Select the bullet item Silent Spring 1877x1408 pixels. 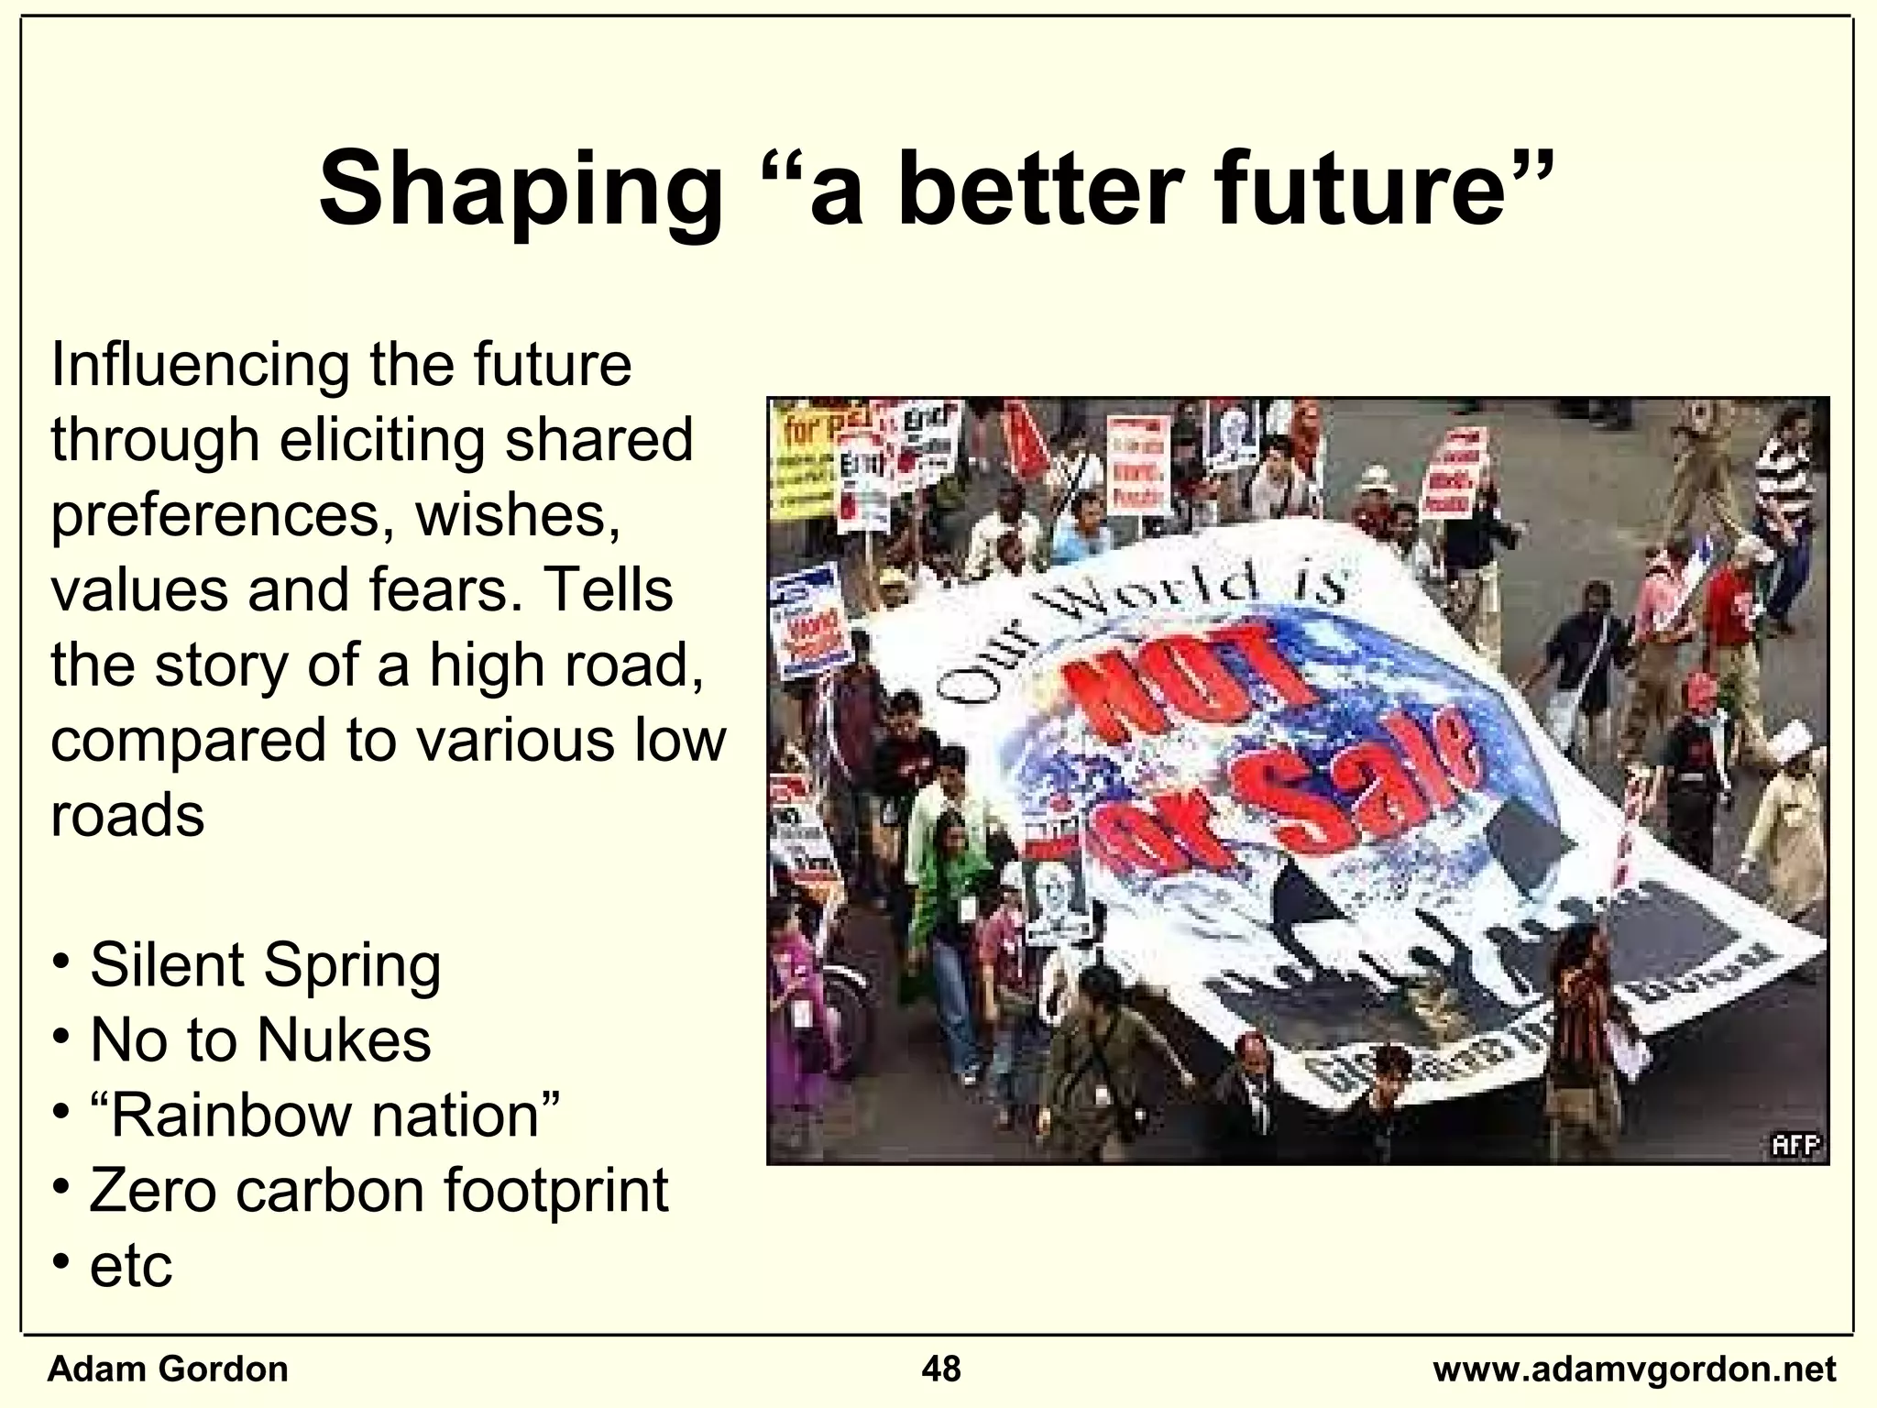pos(265,965)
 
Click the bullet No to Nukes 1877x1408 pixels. pos(260,1040)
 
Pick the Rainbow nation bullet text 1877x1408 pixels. pos(324,1116)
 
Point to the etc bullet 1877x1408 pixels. pos(131,1266)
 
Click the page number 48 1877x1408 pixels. pos(941,1369)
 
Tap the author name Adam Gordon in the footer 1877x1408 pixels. pos(168,1369)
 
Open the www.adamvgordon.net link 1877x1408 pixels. pos(1634,1369)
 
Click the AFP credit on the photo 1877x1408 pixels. pos(1795,1145)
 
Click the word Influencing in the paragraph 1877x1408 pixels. pos(199,365)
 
